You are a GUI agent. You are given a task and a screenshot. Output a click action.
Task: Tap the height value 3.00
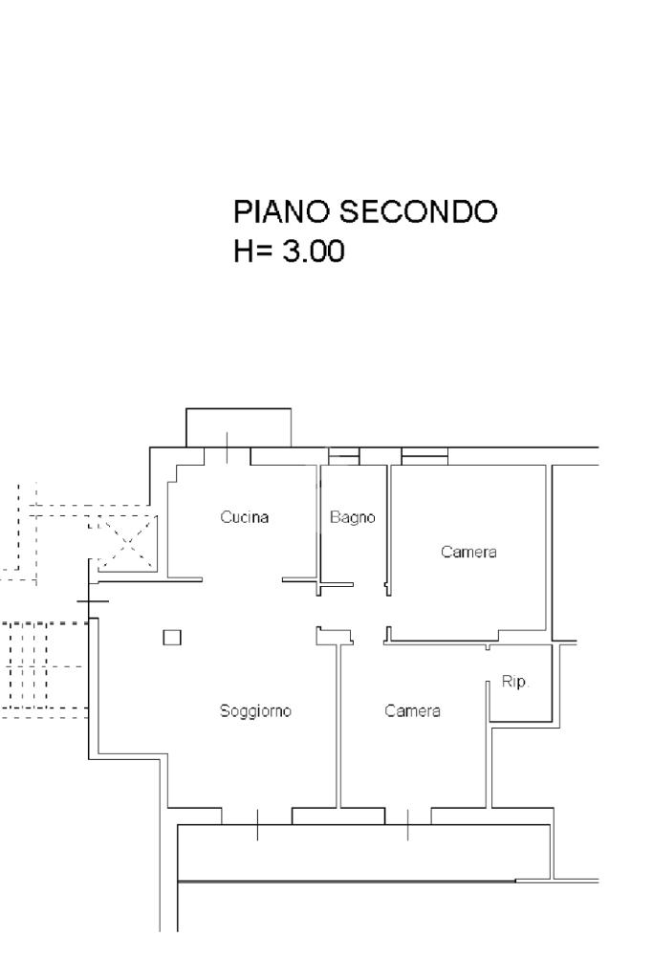pyautogui.click(x=311, y=252)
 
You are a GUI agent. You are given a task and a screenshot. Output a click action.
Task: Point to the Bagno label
pyautogui.click(x=353, y=517)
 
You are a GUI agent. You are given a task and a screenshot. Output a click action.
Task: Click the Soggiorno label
pyautogui.click(x=254, y=711)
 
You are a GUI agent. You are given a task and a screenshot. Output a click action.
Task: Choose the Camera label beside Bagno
pyautogui.click(x=468, y=553)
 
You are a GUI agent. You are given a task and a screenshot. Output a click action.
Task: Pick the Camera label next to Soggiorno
pyautogui.click(x=412, y=711)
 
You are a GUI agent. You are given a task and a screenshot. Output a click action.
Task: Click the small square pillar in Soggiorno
pyautogui.click(x=172, y=637)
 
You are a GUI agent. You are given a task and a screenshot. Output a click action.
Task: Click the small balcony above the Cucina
pyautogui.click(x=238, y=426)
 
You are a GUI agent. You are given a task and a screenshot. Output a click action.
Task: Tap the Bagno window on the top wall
pyautogui.click(x=344, y=456)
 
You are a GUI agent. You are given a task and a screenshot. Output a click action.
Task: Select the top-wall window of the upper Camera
pyautogui.click(x=424, y=456)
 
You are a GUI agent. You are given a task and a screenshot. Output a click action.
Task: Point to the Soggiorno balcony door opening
pyautogui.click(x=256, y=816)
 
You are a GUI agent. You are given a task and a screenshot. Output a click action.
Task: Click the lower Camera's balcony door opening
pyautogui.click(x=408, y=816)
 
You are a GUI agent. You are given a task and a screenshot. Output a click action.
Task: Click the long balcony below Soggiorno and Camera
pyautogui.click(x=363, y=853)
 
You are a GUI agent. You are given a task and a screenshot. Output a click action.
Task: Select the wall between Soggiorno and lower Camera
pyautogui.click(x=339, y=727)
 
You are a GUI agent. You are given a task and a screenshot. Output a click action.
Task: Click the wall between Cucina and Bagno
pyautogui.click(x=319, y=521)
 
